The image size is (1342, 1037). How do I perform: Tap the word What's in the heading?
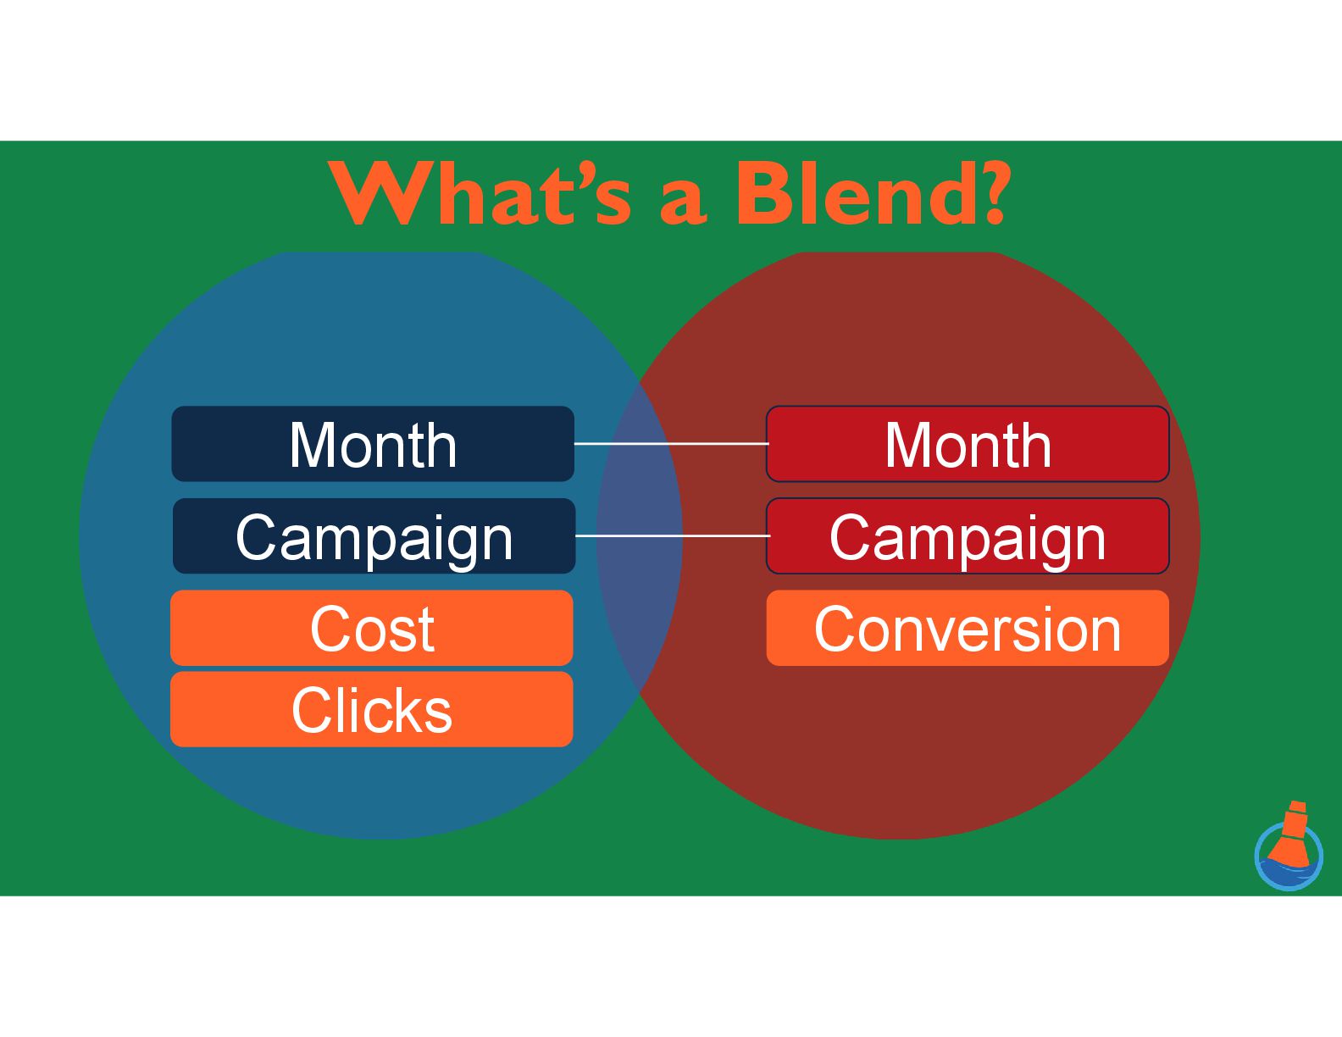(480, 194)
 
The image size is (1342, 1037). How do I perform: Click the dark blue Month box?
(373, 444)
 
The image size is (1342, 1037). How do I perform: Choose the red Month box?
(968, 444)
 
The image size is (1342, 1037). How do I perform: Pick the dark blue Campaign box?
(374, 536)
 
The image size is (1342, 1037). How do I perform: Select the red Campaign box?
(968, 536)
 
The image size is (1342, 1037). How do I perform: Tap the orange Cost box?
(371, 628)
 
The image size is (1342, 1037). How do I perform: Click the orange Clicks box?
(371, 709)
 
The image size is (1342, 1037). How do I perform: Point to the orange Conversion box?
(968, 628)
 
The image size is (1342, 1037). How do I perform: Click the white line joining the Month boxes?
(671, 443)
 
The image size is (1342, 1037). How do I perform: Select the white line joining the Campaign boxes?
(672, 535)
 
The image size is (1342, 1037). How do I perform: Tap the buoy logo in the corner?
(1289, 850)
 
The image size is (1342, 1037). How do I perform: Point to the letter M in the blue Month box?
(313, 445)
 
